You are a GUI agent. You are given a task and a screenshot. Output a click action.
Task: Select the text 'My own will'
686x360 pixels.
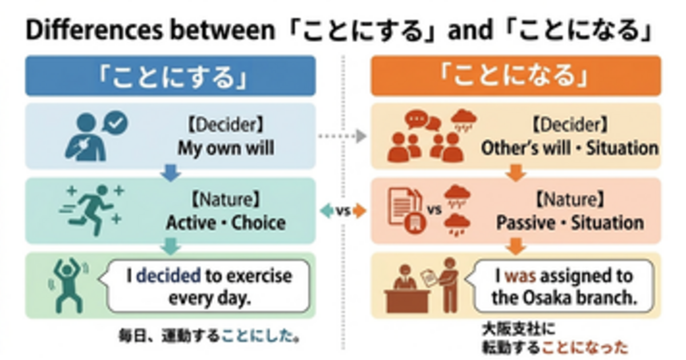[226, 149]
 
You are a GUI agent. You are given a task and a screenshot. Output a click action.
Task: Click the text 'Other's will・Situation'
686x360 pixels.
[569, 149]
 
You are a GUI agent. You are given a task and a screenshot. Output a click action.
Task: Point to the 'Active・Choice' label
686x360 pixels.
[226, 222]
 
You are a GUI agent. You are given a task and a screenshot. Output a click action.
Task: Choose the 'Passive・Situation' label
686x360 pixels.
[569, 222]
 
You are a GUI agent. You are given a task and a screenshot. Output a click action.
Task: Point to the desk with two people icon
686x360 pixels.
[423, 286]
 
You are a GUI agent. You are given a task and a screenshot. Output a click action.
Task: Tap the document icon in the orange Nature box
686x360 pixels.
[404, 209]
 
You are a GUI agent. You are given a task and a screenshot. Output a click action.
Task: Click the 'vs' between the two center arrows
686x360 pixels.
[342, 211]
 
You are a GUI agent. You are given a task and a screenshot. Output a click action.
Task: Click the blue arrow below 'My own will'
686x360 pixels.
[170, 173]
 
